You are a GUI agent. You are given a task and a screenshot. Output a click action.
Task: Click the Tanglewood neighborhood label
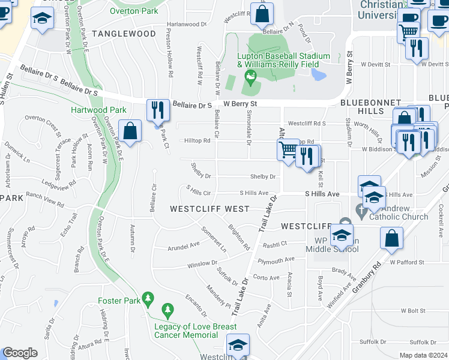(x=124, y=34)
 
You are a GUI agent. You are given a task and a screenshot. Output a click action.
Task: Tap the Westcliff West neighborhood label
(x=209, y=209)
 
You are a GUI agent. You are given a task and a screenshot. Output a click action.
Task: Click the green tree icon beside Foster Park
(x=148, y=298)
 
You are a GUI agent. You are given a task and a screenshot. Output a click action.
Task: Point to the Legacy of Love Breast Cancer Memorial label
(x=196, y=331)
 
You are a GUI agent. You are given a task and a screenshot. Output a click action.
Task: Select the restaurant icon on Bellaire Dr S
(x=157, y=109)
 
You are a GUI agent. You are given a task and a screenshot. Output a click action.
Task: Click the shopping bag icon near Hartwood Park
(x=130, y=130)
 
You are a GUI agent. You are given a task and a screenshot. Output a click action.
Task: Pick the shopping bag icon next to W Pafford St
(x=391, y=238)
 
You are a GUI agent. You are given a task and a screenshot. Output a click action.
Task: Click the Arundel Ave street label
(x=184, y=245)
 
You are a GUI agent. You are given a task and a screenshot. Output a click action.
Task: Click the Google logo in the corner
(x=20, y=353)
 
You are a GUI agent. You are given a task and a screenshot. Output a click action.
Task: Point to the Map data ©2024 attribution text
(x=423, y=355)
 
